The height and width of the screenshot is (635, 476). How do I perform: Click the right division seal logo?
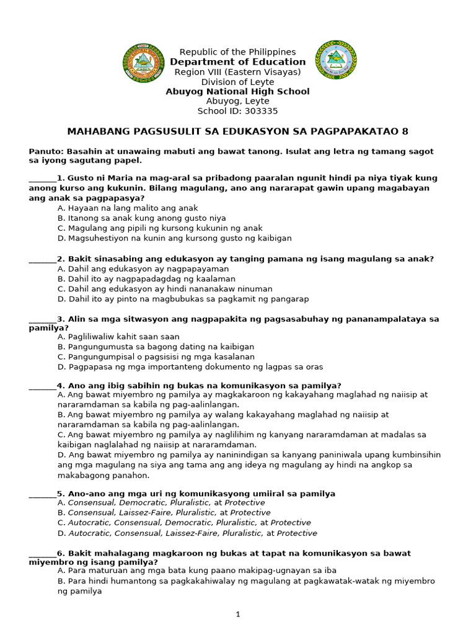coord(337,60)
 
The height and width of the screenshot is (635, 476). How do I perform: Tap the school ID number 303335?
coord(263,112)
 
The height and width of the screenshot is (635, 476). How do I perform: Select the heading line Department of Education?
coord(238,62)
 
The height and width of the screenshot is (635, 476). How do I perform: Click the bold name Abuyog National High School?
coord(237,92)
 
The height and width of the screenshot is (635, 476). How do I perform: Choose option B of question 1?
coord(141,218)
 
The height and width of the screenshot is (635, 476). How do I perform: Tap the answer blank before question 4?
coord(42,386)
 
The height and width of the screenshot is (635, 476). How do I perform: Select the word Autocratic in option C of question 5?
coord(89,523)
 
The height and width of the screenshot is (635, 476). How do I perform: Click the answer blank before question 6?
coord(42,554)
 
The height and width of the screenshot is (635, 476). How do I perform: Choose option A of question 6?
coord(198,571)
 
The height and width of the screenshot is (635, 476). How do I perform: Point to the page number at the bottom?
coord(237,615)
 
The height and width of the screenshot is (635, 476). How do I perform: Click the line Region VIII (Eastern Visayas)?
coord(237,72)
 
